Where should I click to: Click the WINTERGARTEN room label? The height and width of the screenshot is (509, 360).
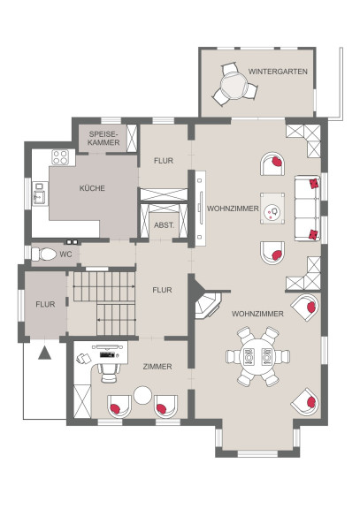click(278, 72)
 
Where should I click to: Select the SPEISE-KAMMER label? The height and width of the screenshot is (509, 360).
click(103, 138)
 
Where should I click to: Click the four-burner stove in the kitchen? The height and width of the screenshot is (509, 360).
click(61, 156)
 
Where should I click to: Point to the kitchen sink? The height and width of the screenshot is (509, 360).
click(39, 197)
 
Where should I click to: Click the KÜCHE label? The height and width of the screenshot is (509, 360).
click(92, 188)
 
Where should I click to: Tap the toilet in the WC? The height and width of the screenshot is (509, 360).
click(44, 254)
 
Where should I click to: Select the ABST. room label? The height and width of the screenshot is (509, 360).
click(165, 225)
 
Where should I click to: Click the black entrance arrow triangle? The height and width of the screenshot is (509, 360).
click(44, 353)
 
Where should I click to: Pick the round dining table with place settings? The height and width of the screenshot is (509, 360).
click(257, 356)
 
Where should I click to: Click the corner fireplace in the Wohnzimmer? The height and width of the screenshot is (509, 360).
click(206, 303)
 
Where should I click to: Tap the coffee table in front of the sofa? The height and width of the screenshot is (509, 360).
click(272, 209)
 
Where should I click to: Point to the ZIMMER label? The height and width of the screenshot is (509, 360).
click(157, 367)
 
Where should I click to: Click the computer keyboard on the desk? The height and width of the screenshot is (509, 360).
click(107, 354)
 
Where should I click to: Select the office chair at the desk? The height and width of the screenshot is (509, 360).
click(109, 372)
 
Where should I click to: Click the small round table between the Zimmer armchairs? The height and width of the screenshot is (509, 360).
click(142, 395)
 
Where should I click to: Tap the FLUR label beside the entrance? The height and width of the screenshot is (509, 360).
click(45, 305)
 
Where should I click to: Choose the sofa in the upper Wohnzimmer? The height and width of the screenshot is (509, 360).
click(307, 209)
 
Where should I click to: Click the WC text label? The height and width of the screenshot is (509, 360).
click(66, 254)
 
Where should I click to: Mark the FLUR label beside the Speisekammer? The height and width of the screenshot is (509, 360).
click(164, 161)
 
